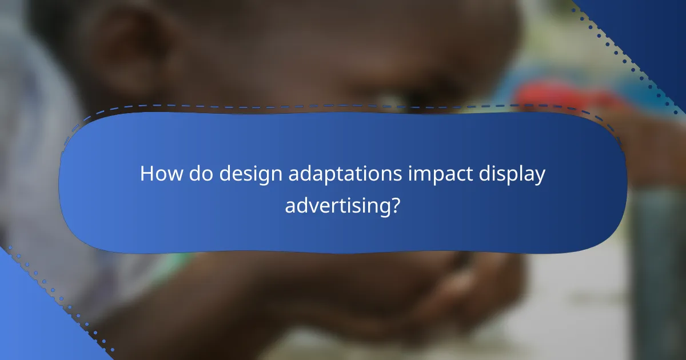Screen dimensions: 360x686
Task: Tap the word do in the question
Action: [196, 174]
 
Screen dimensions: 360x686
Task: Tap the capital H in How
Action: [146, 174]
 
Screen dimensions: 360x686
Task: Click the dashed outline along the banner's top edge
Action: [343, 105]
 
